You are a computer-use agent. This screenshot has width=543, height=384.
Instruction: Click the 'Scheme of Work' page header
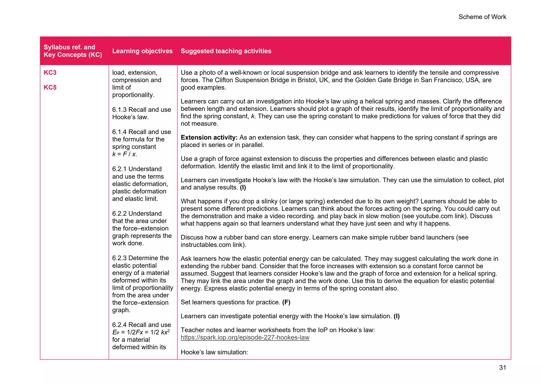click(482, 17)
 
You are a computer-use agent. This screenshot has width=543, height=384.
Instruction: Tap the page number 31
click(502, 367)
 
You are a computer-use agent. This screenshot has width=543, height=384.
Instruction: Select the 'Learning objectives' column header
click(142, 51)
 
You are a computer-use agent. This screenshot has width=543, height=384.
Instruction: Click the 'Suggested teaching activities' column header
click(226, 51)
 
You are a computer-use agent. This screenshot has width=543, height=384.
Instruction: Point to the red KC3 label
click(50, 72)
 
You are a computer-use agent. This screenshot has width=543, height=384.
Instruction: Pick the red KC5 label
click(50, 87)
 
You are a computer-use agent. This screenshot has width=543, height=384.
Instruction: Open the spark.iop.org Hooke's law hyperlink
click(245, 337)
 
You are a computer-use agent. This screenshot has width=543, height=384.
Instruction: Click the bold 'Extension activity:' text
click(209, 137)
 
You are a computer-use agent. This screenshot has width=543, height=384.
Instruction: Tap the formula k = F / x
click(125, 154)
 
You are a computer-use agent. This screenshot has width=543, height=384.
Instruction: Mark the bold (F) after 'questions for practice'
click(286, 302)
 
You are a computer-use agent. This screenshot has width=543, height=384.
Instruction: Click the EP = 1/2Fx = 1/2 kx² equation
click(141, 332)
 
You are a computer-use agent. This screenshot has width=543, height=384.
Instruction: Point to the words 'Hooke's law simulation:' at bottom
click(214, 352)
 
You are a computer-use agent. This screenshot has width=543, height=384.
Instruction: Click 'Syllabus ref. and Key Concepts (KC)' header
click(73, 51)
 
